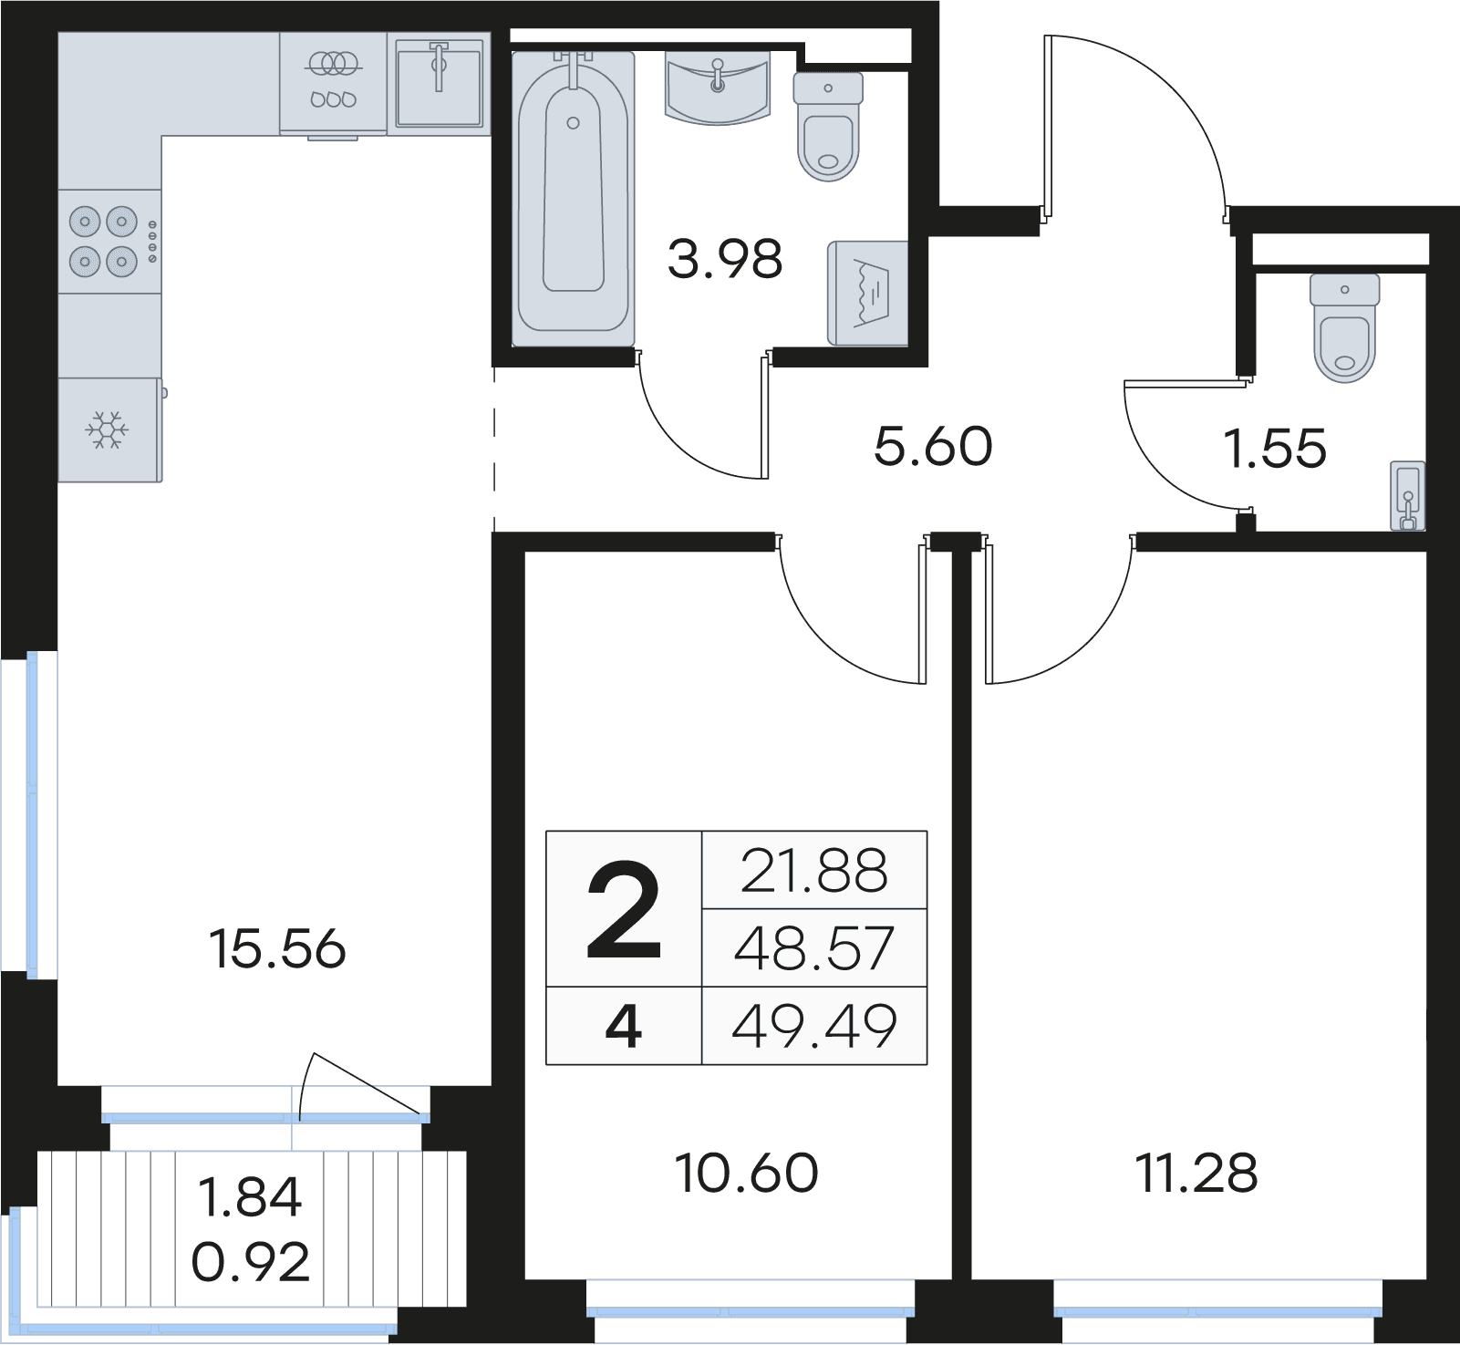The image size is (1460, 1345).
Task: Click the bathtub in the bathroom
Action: [x=573, y=199]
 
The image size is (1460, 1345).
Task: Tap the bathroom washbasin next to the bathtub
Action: [x=719, y=86]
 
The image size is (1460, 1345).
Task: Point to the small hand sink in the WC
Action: [x=1407, y=495]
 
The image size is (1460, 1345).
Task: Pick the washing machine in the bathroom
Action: [x=867, y=294]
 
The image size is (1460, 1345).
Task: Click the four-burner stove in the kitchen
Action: [x=109, y=242]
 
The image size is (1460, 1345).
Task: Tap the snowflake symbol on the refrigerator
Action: [x=107, y=429]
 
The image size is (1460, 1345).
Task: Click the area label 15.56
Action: [x=277, y=949]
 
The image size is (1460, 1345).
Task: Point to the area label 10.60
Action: [x=747, y=1174]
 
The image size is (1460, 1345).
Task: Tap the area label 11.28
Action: [x=1197, y=1174]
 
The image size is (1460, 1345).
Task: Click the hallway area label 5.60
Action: [x=933, y=447]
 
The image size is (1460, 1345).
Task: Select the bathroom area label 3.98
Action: [x=725, y=259]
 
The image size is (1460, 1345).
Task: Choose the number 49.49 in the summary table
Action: [x=814, y=1026]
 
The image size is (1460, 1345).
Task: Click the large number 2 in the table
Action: [x=624, y=911]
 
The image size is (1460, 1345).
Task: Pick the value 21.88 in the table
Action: [x=814, y=871]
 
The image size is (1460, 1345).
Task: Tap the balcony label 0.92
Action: [x=251, y=1263]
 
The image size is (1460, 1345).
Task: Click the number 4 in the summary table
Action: [x=624, y=1026]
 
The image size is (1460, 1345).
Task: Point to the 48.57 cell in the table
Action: [x=814, y=948]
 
